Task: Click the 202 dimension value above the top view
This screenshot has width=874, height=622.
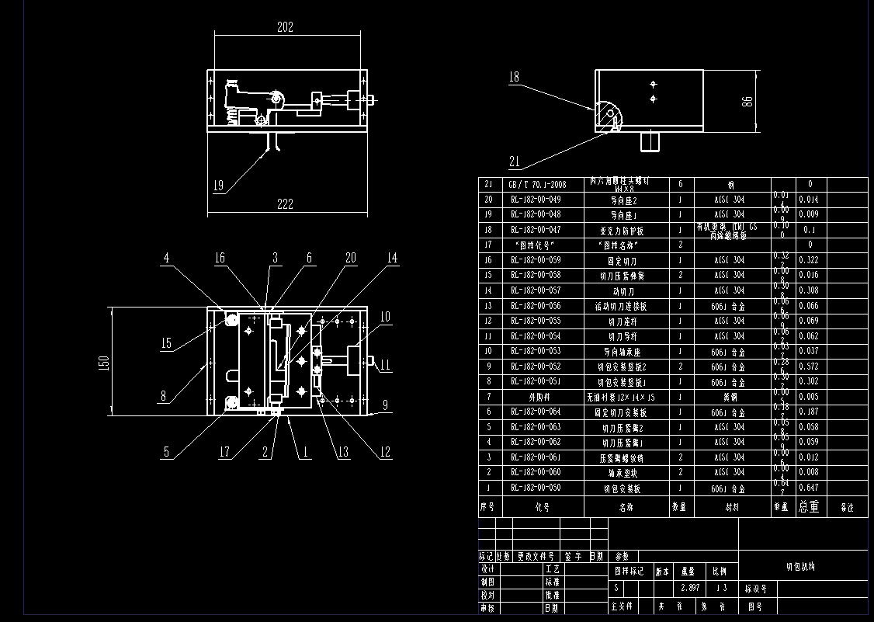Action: coord(285,27)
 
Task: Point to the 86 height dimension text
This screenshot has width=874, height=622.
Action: coord(747,102)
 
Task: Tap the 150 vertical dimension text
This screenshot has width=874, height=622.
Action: coord(105,363)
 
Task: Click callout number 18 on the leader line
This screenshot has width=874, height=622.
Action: coord(514,77)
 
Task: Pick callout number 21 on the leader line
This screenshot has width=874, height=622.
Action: coord(514,162)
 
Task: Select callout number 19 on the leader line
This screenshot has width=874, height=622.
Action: coord(219,186)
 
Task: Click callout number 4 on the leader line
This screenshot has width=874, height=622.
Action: coord(167,259)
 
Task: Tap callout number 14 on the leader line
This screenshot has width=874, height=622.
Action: coord(392,259)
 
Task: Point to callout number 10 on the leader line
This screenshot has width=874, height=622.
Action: coord(385,317)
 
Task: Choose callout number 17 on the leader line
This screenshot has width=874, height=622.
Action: coord(224,452)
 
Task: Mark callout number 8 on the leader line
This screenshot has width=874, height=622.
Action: coord(164,396)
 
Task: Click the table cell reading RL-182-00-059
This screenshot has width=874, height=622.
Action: coord(536,260)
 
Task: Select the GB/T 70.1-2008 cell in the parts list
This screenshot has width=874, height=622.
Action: coord(536,185)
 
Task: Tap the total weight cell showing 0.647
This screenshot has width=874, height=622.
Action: coord(809,488)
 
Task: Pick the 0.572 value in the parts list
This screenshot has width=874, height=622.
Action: coord(809,367)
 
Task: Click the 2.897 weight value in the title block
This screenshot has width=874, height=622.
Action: coord(688,588)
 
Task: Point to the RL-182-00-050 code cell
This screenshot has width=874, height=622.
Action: coord(536,488)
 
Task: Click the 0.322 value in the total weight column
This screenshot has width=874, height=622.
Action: coord(809,260)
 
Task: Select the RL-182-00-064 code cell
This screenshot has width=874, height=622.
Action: coord(536,412)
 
